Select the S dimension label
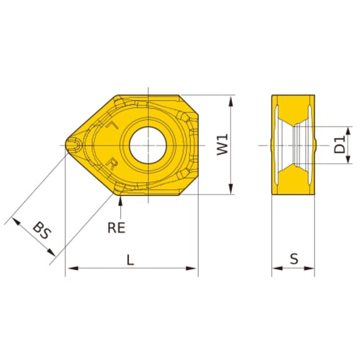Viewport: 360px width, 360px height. [x=293, y=258]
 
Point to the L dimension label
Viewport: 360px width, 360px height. [x=130, y=261]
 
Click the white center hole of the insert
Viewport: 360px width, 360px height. [x=148, y=143]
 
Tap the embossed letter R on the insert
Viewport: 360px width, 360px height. [x=112, y=163]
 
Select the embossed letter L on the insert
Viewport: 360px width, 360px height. [x=112, y=125]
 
